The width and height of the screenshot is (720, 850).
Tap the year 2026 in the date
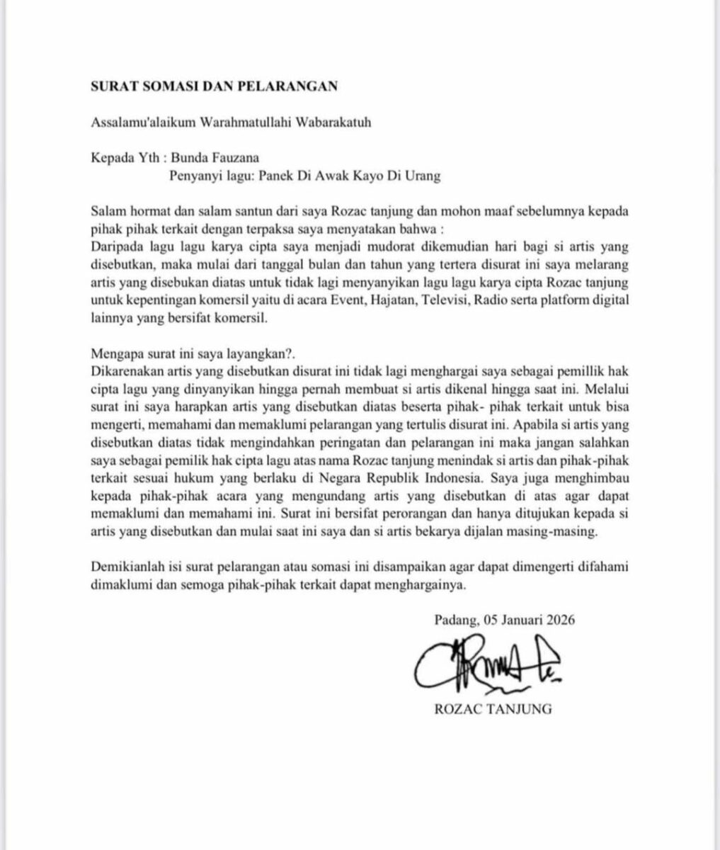point(560,618)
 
